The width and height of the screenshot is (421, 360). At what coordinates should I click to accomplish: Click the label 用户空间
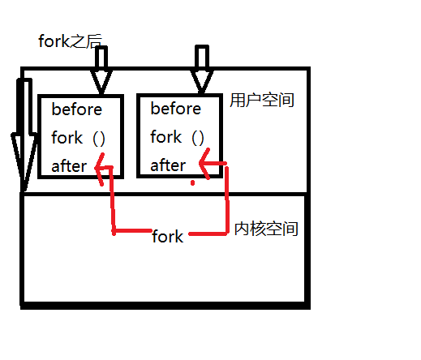click(261, 101)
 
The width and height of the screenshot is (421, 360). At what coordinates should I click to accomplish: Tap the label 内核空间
click(266, 229)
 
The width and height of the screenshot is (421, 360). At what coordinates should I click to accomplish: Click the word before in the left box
click(76, 109)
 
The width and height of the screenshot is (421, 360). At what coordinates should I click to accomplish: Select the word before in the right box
click(175, 109)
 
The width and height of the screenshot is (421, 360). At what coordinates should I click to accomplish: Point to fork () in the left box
click(78, 138)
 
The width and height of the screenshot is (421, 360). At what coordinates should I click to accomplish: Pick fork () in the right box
click(177, 138)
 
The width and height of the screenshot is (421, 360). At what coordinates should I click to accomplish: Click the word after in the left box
click(69, 165)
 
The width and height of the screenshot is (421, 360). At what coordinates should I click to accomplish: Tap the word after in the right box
click(168, 165)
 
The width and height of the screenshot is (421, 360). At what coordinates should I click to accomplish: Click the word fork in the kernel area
click(168, 237)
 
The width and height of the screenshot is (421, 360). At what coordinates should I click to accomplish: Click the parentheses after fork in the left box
click(99, 138)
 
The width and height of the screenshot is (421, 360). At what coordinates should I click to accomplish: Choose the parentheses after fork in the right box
click(198, 138)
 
